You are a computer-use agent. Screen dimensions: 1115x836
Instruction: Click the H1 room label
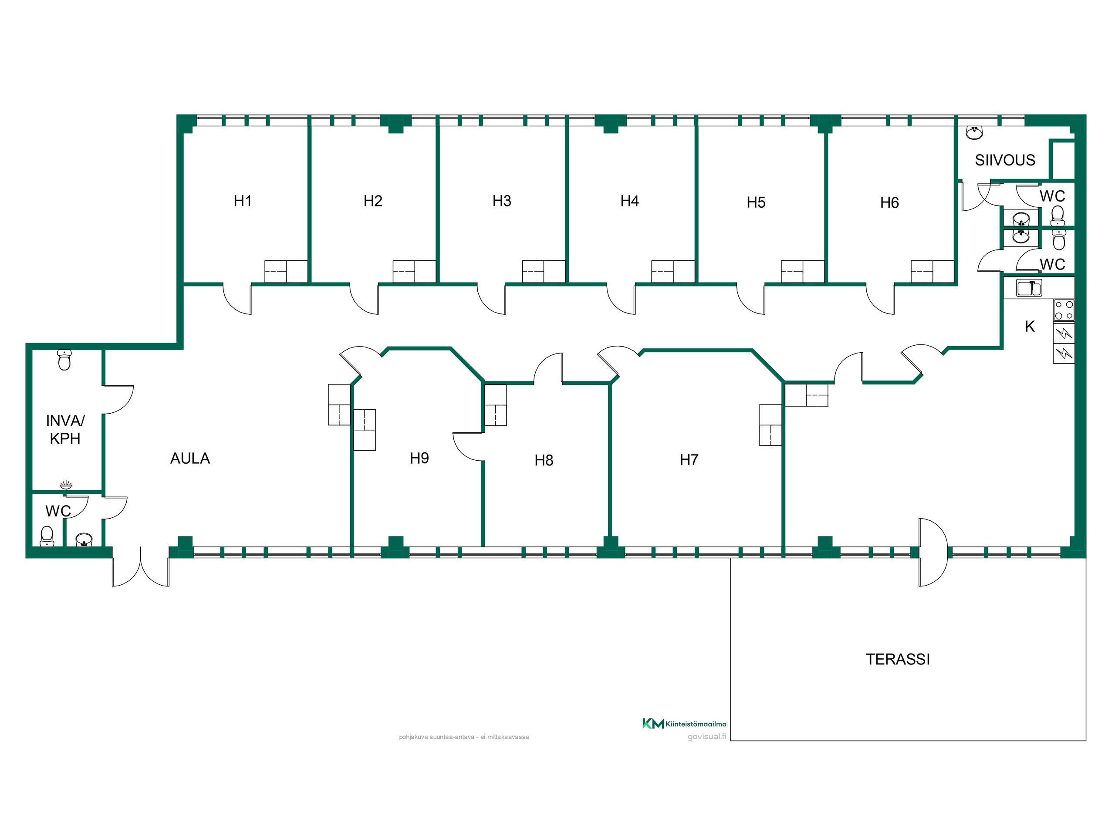click(243, 201)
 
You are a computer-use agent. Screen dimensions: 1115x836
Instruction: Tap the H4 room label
click(629, 201)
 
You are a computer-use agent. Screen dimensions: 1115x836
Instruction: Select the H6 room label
click(890, 202)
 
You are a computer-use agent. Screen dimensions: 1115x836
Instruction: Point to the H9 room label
click(419, 458)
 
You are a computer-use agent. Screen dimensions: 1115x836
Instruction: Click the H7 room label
click(689, 459)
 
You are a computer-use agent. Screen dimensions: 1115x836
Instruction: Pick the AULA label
click(190, 458)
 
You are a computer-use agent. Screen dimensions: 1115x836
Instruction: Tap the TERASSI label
click(898, 659)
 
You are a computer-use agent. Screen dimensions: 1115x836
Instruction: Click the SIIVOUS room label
click(1005, 160)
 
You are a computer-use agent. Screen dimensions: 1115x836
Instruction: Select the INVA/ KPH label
click(65, 429)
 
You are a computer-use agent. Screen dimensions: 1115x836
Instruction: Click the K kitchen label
click(1030, 327)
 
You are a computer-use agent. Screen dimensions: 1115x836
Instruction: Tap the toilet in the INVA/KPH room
click(64, 360)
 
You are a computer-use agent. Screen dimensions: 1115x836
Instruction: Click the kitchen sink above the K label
click(1029, 288)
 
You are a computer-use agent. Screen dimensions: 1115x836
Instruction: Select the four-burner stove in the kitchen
click(1064, 310)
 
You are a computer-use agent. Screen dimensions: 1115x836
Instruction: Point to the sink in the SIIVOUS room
click(974, 133)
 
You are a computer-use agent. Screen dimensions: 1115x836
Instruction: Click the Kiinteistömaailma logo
click(684, 724)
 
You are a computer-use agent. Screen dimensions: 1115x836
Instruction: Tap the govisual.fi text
click(707, 737)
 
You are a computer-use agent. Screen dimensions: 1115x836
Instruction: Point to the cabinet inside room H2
click(414, 272)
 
